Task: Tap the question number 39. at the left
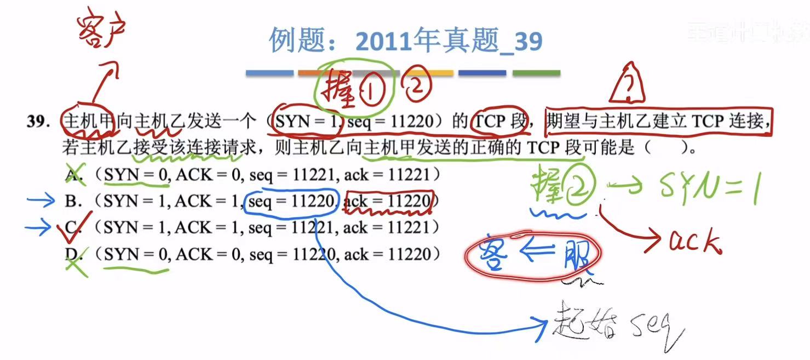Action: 38,122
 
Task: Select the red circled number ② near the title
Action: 417,85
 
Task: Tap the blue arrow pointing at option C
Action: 38,227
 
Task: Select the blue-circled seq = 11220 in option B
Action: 291,201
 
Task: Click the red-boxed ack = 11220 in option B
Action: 389,201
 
